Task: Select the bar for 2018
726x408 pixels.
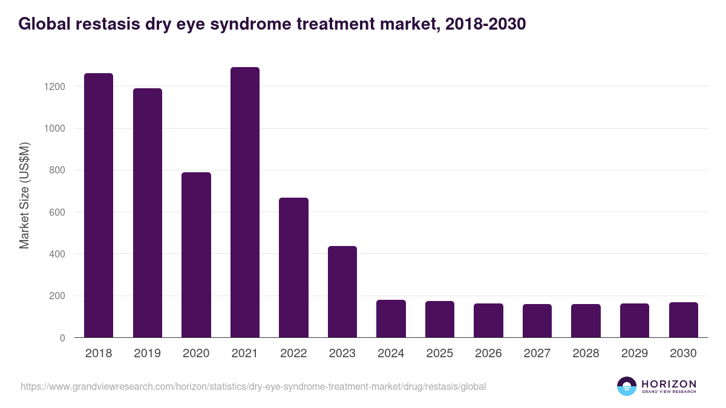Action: pyautogui.click(x=99, y=206)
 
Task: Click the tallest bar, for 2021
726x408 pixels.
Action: pyautogui.click(x=245, y=202)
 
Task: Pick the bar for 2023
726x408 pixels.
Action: pyautogui.click(x=342, y=292)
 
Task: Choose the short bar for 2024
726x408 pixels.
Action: pyautogui.click(x=391, y=319)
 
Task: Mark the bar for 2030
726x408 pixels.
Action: pyautogui.click(x=683, y=320)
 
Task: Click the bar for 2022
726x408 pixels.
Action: pyautogui.click(x=293, y=268)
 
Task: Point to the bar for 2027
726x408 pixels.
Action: pyautogui.click(x=537, y=321)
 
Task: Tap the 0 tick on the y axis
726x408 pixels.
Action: pyautogui.click(x=62, y=338)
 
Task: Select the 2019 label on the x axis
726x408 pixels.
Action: pyautogui.click(x=147, y=354)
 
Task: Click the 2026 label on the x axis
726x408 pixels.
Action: pyautogui.click(x=488, y=354)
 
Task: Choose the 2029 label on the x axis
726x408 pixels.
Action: pyautogui.click(x=635, y=354)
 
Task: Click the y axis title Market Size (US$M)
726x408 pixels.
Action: pyautogui.click(x=25, y=195)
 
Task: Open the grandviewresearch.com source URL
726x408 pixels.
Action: pyautogui.click(x=253, y=386)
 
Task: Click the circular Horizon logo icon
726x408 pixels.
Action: pyautogui.click(x=627, y=386)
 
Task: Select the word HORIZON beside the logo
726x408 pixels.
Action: pyautogui.click(x=669, y=383)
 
